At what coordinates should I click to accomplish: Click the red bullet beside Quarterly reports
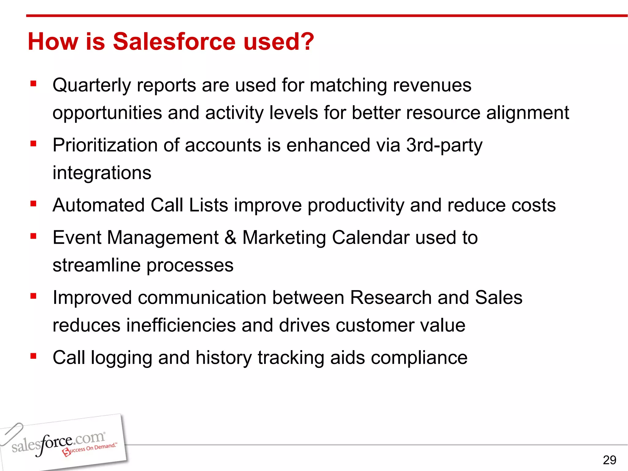click(x=33, y=83)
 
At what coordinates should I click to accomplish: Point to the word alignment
click(x=527, y=113)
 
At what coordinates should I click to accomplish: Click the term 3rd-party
click(x=444, y=145)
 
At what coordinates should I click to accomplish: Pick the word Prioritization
click(x=105, y=145)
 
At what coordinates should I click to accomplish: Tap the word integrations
click(x=102, y=173)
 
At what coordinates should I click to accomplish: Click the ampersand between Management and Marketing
click(x=230, y=238)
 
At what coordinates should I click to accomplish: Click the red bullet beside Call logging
click(x=33, y=356)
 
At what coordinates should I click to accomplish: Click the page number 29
click(x=609, y=460)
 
